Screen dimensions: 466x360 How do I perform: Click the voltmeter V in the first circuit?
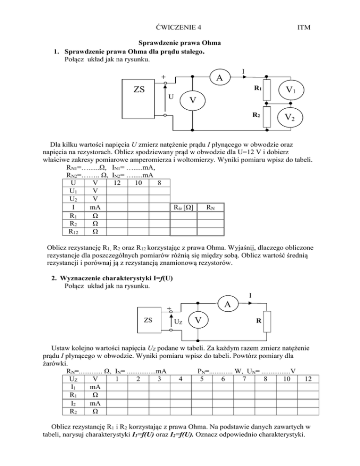pyautogui.click(x=193, y=101)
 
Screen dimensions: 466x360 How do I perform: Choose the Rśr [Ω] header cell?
pyautogui.click(x=180, y=207)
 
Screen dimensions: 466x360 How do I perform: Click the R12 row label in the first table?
pyautogui.click(x=72, y=231)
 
